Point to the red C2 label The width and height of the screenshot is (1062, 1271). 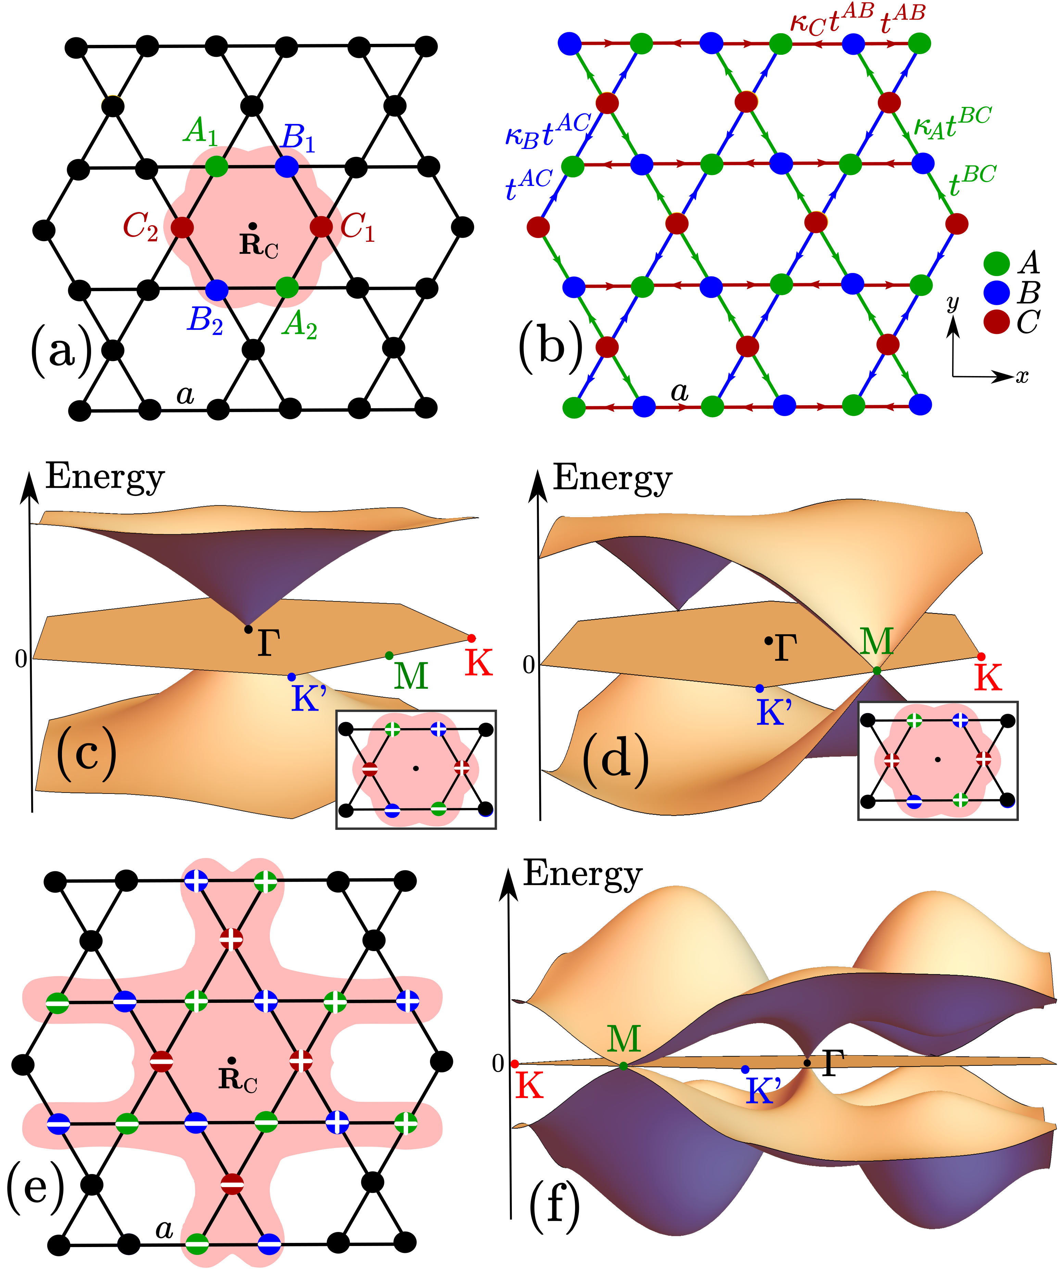click(x=140, y=226)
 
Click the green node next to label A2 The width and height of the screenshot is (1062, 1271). click(x=287, y=287)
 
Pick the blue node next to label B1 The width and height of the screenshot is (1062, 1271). click(x=287, y=166)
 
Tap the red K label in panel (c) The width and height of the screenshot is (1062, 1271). click(x=479, y=662)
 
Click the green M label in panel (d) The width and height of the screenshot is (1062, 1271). click(x=876, y=641)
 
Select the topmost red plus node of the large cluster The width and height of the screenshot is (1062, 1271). click(x=231, y=940)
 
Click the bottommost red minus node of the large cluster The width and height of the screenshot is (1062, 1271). click(x=232, y=1183)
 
